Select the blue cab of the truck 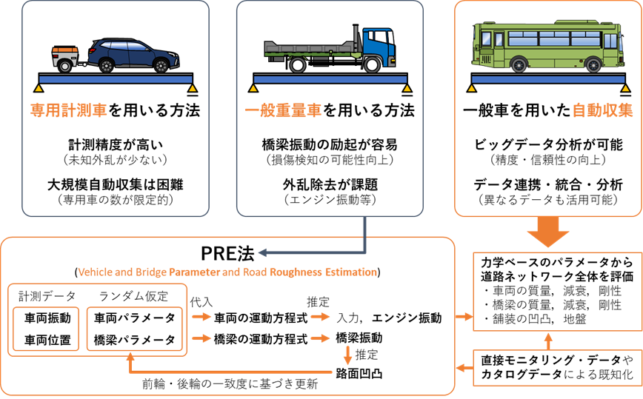pyautogui.click(x=379, y=46)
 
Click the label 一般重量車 pyautogui.click(x=283, y=111)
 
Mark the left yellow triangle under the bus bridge pyautogui.click(x=472, y=89)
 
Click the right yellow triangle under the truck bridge pyautogui.click(x=407, y=89)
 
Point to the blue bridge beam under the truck pyautogui.click(x=330, y=78)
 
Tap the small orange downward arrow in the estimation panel pyautogui.click(x=347, y=356)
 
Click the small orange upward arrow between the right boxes pyautogui.click(x=548, y=341)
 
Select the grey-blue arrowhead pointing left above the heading pyautogui.click(x=260, y=252)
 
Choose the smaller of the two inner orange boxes pyautogui.click(x=46, y=329)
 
